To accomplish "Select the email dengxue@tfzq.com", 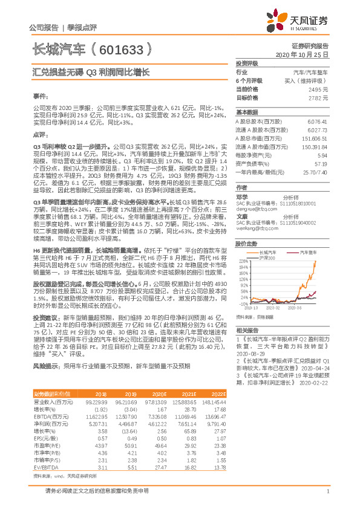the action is [x=256, y=208].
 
